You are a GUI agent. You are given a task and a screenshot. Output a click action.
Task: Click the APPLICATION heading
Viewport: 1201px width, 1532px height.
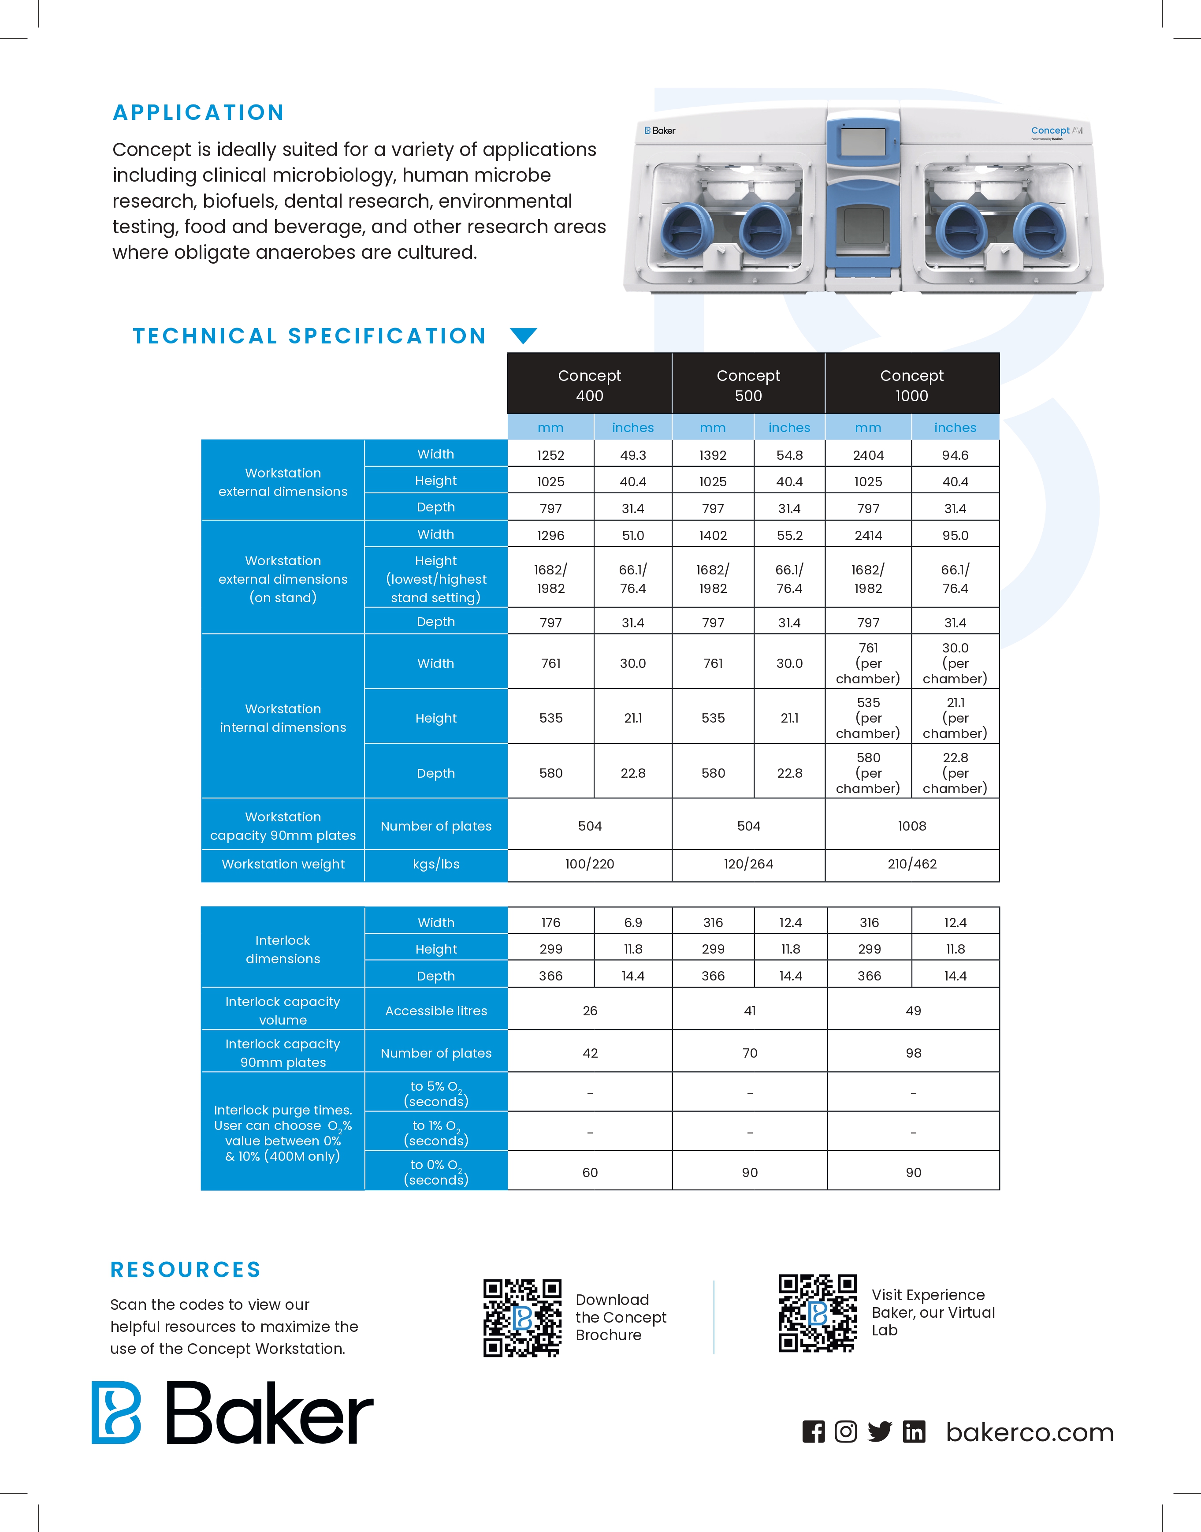pyautogui.click(x=198, y=112)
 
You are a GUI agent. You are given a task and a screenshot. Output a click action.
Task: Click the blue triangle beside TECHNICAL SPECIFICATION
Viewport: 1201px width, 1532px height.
pyautogui.click(x=523, y=335)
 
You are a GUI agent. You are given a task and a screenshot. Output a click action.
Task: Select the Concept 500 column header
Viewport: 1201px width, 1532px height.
pyautogui.click(x=748, y=385)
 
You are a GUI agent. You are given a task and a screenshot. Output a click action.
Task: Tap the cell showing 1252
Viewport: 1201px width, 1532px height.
pyautogui.click(x=550, y=455)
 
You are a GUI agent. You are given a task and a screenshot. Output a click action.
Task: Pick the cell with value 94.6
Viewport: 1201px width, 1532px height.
pyautogui.click(x=955, y=455)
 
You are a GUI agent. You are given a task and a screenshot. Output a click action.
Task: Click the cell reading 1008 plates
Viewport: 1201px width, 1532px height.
pyautogui.click(x=912, y=826)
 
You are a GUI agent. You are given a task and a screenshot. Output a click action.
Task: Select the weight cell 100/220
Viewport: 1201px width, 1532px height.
pyautogui.click(x=589, y=864)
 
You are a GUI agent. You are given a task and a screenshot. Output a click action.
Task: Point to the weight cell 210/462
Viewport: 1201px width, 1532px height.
pyautogui.click(x=912, y=864)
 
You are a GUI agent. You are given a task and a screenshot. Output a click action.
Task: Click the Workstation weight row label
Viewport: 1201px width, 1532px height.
pyautogui.click(x=283, y=864)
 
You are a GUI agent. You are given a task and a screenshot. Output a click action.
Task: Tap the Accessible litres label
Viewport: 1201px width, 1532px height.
pyautogui.click(x=436, y=1011)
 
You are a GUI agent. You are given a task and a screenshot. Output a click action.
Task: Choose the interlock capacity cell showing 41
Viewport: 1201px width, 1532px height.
pyautogui.click(x=750, y=1011)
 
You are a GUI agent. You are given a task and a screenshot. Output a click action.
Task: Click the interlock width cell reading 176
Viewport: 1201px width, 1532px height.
pyautogui.click(x=550, y=922)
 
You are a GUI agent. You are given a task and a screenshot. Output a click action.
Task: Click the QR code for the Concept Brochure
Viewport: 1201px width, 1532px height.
pyautogui.click(x=522, y=1317)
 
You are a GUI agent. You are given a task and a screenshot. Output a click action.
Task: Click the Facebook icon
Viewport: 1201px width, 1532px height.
pyautogui.click(x=814, y=1431)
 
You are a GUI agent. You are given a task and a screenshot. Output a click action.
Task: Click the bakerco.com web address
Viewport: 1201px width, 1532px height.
pyautogui.click(x=1030, y=1432)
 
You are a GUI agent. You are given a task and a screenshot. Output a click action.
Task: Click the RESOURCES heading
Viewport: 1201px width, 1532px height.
pyautogui.click(x=186, y=1270)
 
